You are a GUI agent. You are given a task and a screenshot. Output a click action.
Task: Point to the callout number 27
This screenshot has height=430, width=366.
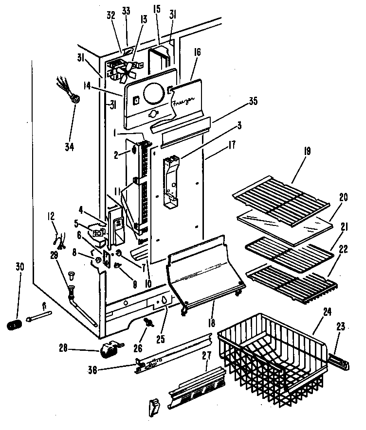[x=207, y=355]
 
